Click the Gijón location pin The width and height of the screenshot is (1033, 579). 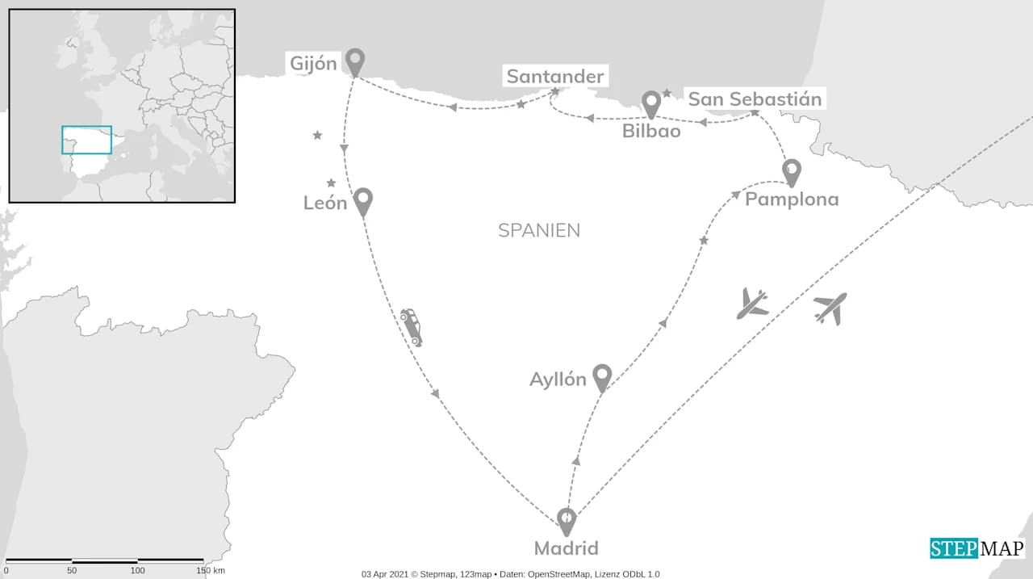[x=355, y=61]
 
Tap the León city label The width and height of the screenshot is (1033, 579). [x=325, y=203]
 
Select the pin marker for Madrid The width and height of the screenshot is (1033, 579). [x=567, y=520]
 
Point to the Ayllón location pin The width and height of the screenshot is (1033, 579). [x=601, y=376]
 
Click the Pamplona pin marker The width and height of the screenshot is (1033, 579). [x=792, y=171]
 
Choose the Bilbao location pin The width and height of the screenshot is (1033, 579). [x=651, y=103]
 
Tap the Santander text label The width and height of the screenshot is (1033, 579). [x=554, y=77]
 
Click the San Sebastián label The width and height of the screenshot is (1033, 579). [x=755, y=99]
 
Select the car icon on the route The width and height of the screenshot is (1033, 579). [x=411, y=326]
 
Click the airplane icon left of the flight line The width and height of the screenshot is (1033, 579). [x=752, y=304]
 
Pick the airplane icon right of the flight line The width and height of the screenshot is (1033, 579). [x=830, y=308]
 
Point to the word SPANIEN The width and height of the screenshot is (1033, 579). [x=539, y=230]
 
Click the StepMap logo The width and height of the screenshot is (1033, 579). [x=977, y=548]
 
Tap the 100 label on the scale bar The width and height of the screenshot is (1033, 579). [x=138, y=571]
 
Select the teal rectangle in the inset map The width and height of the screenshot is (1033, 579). [x=87, y=140]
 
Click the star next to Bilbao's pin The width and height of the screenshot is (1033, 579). [x=667, y=94]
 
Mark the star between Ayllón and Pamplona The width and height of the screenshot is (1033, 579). [x=704, y=241]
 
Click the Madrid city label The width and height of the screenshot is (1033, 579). [x=567, y=549]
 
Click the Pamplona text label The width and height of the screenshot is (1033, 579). [x=792, y=199]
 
